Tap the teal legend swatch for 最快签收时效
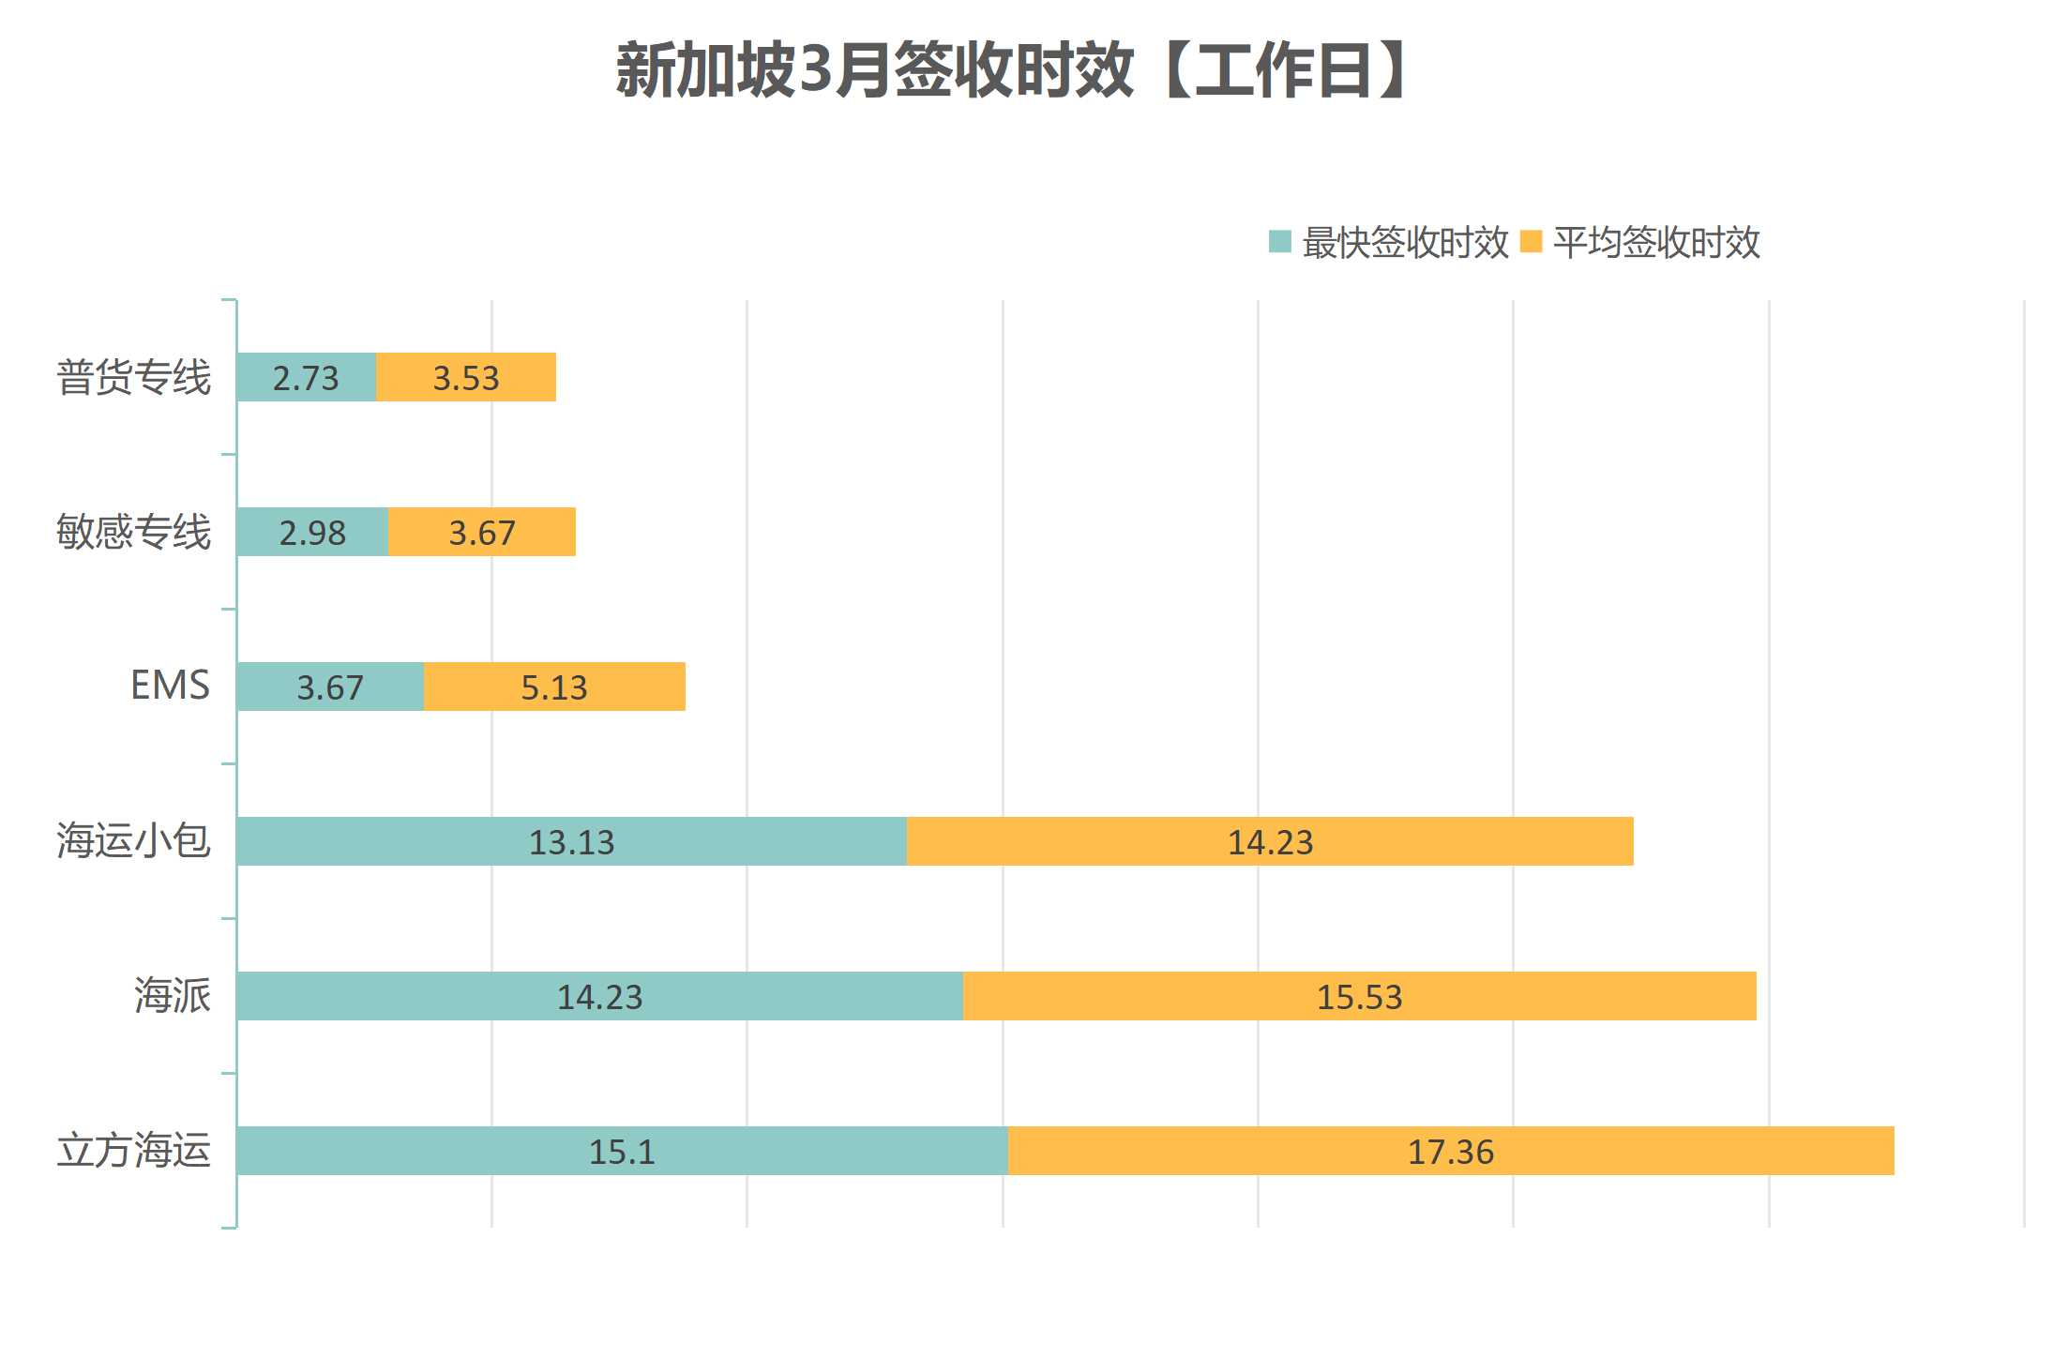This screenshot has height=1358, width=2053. [1279, 242]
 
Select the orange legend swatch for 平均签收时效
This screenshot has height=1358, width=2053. [1531, 242]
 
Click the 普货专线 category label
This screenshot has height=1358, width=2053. [134, 377]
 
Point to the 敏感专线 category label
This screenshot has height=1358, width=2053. [134, 532]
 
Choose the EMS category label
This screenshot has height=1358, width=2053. [170, 686]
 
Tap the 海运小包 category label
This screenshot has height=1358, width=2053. [134, 840]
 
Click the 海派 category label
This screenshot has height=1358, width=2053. [173, 995]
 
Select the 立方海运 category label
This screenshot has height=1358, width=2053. [134, 1150]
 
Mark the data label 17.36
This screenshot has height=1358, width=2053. [1450, 1152]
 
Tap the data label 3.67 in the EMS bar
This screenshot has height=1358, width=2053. [330, 687]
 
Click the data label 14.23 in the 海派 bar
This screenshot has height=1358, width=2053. [600, 997]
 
